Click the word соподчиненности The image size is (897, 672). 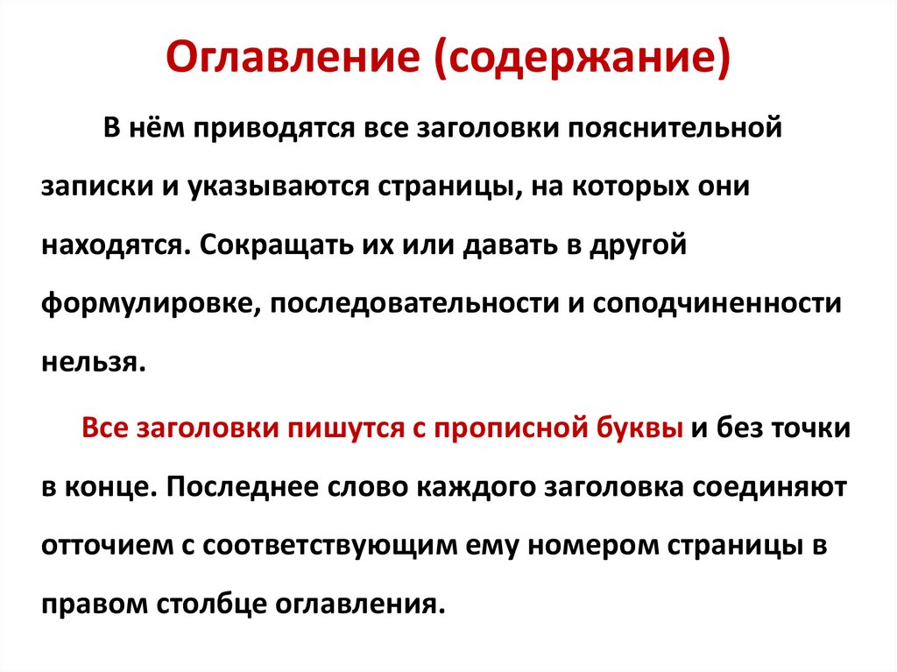tap(717, 303)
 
